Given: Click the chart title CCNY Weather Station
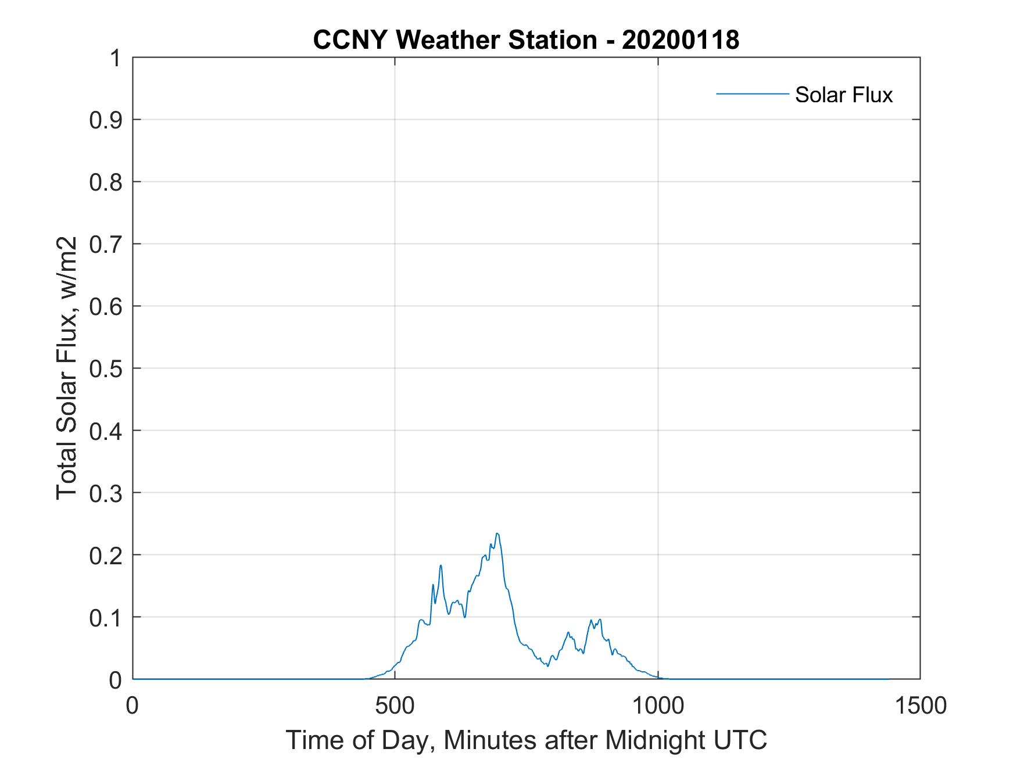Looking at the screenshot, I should (x=454, y=40).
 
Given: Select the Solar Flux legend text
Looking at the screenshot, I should (x=843, y=95).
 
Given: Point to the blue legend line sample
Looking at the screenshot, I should (x=752, y=94).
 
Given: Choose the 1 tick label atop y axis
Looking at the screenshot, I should (x=116, y=58).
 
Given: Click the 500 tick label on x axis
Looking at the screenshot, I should (x=395, y=705).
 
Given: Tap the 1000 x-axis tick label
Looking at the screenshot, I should (x=658, y=705).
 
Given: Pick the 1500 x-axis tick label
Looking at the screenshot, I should (x=920, y=705).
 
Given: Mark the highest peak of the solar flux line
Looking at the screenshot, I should (x=497, y=533).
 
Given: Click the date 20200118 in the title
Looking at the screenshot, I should (x=681, y=40).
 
